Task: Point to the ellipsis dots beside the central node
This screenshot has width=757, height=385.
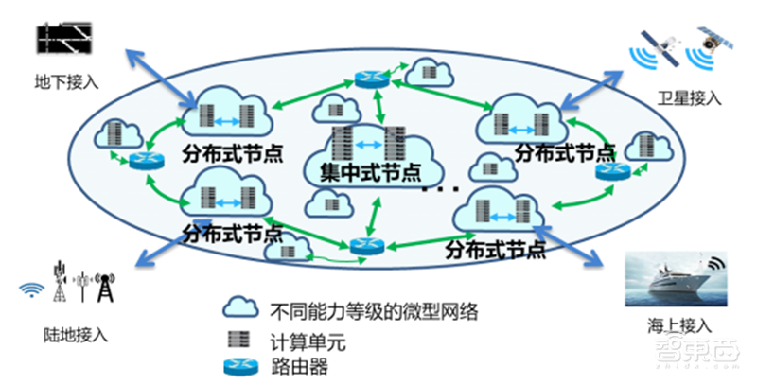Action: (437, 191)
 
